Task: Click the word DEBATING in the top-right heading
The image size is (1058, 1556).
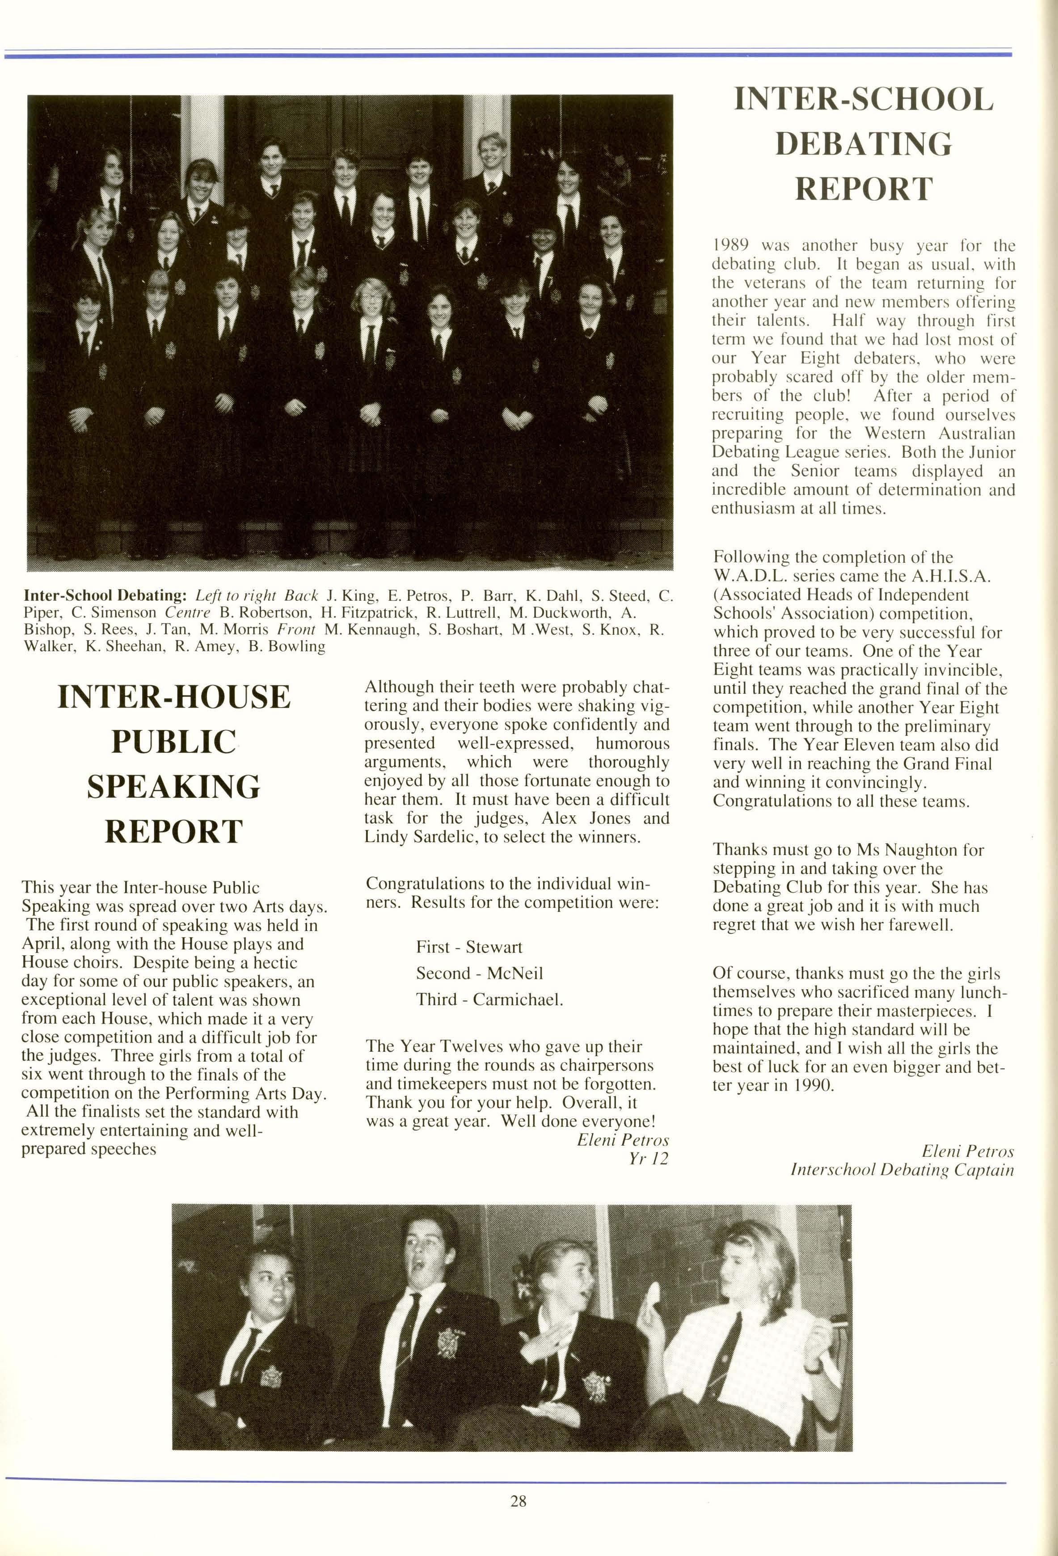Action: coord(863,144)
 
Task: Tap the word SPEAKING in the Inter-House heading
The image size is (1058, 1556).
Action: coord(173,787)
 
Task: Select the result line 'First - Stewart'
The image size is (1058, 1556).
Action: coord(469,947)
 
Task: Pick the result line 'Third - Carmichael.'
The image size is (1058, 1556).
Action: coord(489,999)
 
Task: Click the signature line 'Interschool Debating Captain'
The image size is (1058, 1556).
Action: coord(902,1170)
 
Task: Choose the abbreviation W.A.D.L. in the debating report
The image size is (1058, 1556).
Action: coord(750,576)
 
